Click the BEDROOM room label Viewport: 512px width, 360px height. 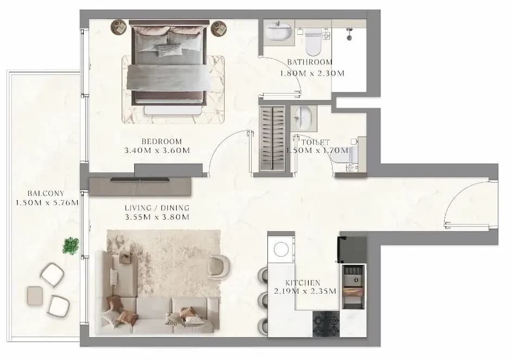(161, 141)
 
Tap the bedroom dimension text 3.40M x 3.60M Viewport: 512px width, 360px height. (157, 151)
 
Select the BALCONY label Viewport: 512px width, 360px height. (46, 194)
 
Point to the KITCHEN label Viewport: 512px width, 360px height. (303, 283)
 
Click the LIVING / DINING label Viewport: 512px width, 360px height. (157, 208)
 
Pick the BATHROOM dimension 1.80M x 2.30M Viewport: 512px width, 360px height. (312, 73)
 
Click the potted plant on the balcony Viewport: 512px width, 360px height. (71, 246)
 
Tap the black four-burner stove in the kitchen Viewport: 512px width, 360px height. (326, 324)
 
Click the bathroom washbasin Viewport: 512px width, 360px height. (278, 31)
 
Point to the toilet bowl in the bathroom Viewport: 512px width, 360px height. (314, 42)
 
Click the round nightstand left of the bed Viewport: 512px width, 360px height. (118, 27)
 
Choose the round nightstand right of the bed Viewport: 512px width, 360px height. (219, 28)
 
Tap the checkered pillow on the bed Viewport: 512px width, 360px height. (170, 50)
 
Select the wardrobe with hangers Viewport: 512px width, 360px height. (272, 138)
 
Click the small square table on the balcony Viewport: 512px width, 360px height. (35, 296)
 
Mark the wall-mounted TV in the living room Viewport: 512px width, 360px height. (140, 179)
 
